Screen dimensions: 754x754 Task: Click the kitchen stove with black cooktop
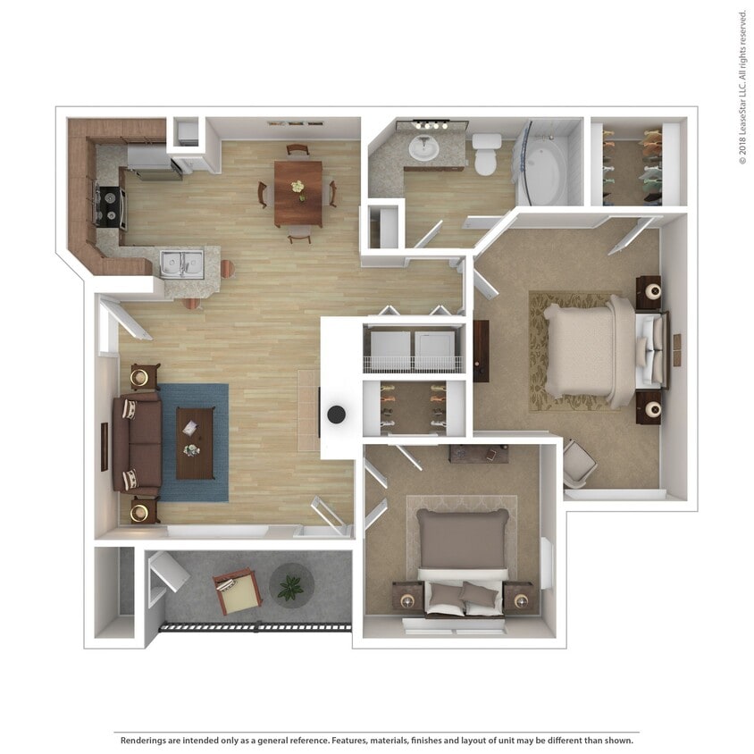[110, 206]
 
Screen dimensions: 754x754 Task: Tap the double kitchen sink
[181, 264]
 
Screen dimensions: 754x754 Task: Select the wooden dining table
[298, 192]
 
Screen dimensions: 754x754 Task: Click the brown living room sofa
[138, 442]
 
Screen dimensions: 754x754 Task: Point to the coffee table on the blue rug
[194, 443]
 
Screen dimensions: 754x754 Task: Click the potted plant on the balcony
[290, 587]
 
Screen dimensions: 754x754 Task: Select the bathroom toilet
[486, 153]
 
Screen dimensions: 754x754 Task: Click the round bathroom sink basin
[423, 147]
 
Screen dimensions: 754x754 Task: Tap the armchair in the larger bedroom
[578, 463]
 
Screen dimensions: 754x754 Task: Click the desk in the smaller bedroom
[479, 454]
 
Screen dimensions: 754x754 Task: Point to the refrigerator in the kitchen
[155, 160]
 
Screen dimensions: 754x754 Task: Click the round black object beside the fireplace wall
[337, 414]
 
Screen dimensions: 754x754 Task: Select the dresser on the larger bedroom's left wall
[481, 350]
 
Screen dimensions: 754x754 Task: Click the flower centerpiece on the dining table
[297, 189]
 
